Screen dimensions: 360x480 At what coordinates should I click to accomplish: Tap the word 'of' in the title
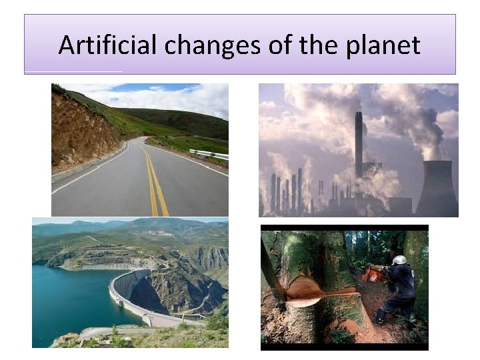[x=283, y=45]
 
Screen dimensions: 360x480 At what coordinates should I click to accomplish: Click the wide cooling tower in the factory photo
[x=437, y=190]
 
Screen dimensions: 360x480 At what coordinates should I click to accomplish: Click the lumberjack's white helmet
[x=399, y=260]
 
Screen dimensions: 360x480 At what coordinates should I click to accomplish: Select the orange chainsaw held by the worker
[x=374, y=275]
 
